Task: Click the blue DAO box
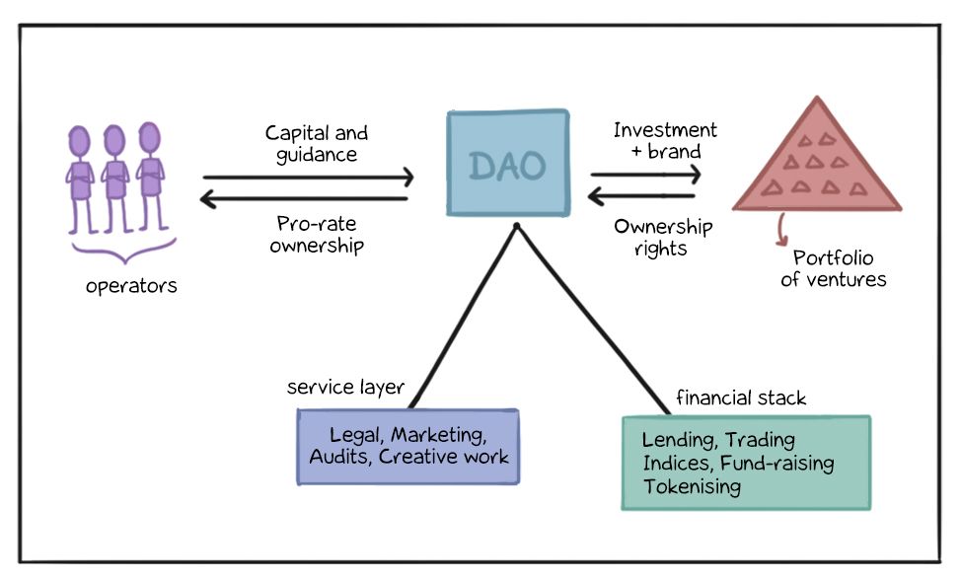point(507,164)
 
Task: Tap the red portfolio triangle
point(816,163)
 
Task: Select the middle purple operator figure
point(114,178)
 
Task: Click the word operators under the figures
point(131,286)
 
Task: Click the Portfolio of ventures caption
point(839,268)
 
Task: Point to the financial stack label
point(740,399)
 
